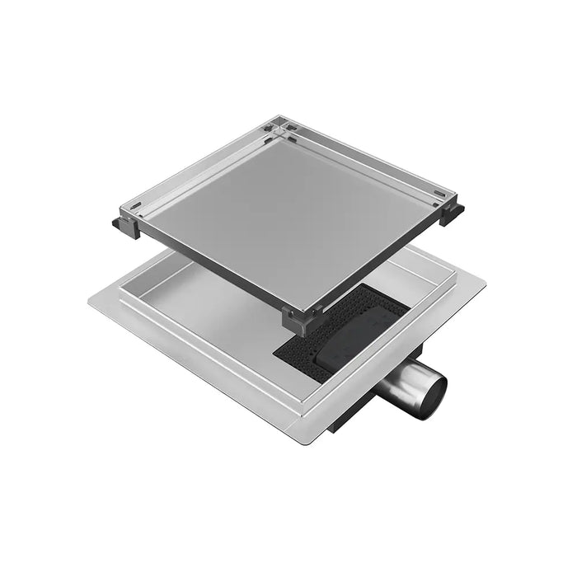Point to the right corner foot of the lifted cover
point(451,213)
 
